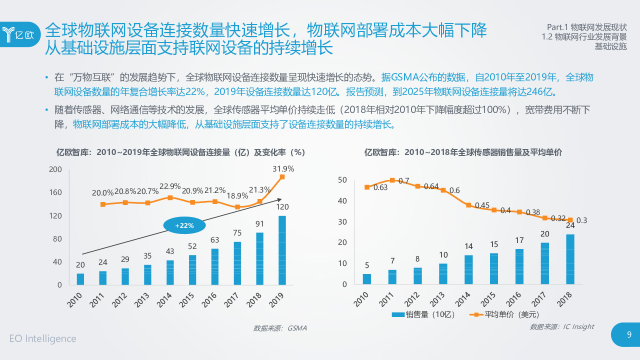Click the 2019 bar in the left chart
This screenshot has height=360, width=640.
pyautogui.click(x=282, y=250)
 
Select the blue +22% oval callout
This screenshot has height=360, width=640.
pyautogui.click(x=184, y=225)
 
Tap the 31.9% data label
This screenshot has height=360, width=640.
pyautogui.click(x=283, y=168)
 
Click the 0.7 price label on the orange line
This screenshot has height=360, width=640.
pyautogui.click(x=403, y=180)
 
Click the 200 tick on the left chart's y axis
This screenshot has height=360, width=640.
pyautogui.click(x=55, y=169)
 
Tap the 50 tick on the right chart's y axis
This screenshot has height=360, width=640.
pyautogui.click(x=342, y=180)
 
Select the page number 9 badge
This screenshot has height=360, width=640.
pyautogui.click(x=629, y=335)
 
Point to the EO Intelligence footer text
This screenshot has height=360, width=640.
pyautogui.click(x=43, y=338)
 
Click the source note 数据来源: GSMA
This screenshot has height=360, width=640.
pyautogui.click(x=280, y=328)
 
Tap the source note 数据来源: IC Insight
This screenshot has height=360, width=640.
pyautogui.click(x=562, y=326)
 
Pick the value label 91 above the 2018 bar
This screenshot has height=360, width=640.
pyautogui.click(x=259, y=224)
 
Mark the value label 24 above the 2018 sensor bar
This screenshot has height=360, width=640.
pyautogui.click(x=570, y=225)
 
